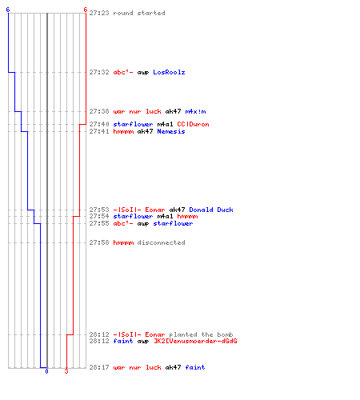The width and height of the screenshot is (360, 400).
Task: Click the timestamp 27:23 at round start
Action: [x=99, y=13]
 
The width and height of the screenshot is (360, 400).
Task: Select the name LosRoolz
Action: [x=169, y=72]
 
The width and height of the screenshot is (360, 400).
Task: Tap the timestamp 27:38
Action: [x=99, y=111]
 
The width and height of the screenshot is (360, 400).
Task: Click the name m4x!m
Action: [x=195, y=111]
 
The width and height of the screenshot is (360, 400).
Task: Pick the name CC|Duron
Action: [x=193, y=124]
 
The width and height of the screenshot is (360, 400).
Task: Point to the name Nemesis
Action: [x=171, y=131]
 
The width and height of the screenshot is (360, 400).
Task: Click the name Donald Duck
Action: [x=211, y=210]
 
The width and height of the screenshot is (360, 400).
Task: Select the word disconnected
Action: [x=161, y=242]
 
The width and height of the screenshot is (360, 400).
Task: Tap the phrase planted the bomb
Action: [x=201, y=334]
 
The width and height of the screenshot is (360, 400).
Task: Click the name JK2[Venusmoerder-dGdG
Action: [x=195, y=341]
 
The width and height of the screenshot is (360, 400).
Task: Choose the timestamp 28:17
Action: [x=99, y=367]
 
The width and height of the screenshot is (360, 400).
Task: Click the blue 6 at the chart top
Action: [x=8, y=10]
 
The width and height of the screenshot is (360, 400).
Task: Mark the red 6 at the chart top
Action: [x=85, y=10]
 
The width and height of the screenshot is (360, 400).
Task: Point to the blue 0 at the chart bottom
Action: [x=46, y=371]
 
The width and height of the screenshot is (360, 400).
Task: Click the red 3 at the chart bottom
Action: [x=66, y=371]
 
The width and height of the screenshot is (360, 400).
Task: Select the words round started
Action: [x=139, y=13]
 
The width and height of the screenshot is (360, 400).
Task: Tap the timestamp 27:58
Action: [x=99, y=242]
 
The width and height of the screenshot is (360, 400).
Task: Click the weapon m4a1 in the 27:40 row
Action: [x=165, y=124]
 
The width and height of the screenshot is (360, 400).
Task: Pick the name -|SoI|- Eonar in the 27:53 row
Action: [x=139, y=210]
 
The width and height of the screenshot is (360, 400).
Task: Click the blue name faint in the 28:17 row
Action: [x=195, y=367]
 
